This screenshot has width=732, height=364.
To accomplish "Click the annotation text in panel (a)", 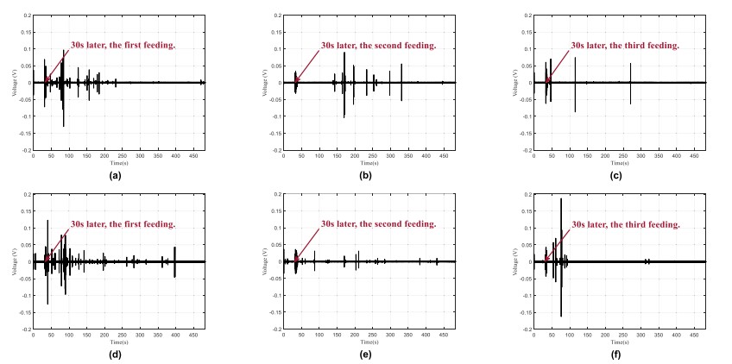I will click(x=123, y=44).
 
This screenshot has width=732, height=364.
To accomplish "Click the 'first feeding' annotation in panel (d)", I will click(x=123, y=223).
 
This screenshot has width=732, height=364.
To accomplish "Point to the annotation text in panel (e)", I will click(x=377, y=223).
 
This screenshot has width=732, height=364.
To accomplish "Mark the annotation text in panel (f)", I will click(x=625, y=223).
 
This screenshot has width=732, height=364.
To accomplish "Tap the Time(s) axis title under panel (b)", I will click(x=369, y=163).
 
